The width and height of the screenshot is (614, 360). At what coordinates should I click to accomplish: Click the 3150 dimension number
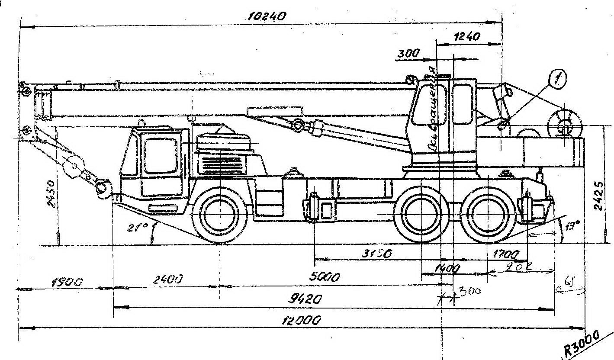tap(377, 254)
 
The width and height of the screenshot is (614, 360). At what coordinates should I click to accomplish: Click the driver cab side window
tap(160, 156)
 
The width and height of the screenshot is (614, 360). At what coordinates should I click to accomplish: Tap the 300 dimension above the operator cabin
tap(408, 53)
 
